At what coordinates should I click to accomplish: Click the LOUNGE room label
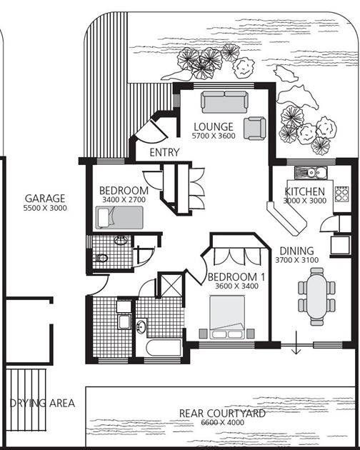coord(214,127)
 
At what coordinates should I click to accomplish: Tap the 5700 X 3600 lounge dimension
coord(214,136)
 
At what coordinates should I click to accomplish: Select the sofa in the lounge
coord(224,102)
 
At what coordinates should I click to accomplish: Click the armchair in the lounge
coord(254,129)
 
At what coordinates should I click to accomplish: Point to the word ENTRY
coord(165,152)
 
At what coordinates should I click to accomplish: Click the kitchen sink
coord(311,173)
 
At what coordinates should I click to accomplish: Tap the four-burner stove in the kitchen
coord(342,194)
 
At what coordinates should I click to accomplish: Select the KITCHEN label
coord(304,191)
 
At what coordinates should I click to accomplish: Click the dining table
coord(316,296)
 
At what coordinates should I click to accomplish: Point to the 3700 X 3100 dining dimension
coord(297,260)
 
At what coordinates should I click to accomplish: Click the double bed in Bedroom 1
coord(227,317)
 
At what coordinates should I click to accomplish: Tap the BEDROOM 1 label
coord(236,277)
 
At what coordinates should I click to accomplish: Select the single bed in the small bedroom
coord(119,218)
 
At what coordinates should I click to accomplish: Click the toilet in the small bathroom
coord(101,258)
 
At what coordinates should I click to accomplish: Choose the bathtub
coord(164,348)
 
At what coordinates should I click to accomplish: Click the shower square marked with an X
coord(171,286)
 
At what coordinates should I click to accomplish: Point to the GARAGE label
coord(45,199)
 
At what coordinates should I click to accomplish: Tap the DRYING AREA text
coord(42,403)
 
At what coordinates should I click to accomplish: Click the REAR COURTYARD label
coord(222,414)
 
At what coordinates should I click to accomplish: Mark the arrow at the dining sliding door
coord(296,343)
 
